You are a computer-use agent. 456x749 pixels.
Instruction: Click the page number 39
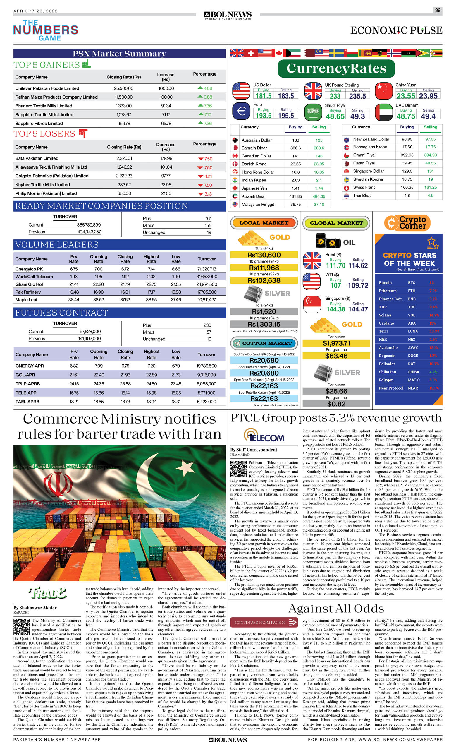(x=438, y=10)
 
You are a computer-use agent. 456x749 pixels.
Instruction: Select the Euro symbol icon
(x=241, y=111)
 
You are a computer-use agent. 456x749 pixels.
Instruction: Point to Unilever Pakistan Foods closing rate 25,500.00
(x=124, y=88)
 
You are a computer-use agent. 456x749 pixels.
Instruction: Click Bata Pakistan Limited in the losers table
(x=37, y=158)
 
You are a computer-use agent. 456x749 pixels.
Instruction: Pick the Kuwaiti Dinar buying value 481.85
(x=295, y=196)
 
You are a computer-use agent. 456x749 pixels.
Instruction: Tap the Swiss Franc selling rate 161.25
(x=430, y=188)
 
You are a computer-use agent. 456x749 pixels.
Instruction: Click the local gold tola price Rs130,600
(x=264, y=255)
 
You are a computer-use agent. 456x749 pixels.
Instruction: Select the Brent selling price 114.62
(x=358, y=266)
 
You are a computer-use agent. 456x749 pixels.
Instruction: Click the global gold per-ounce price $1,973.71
(x=336, y=343)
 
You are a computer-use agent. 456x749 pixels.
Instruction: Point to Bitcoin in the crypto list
(x=385, y=283)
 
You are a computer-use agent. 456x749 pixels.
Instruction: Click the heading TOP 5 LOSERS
(x=44, y=134)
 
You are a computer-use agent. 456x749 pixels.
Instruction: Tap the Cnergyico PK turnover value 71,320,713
(x=207, y=269)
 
